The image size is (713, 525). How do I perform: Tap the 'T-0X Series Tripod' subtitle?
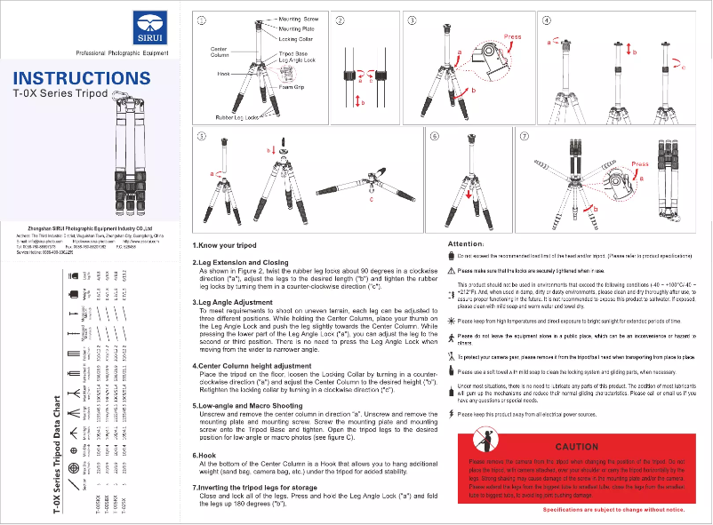(60, 92)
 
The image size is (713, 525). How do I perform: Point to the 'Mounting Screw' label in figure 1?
(299, 19)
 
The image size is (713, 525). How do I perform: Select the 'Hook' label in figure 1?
(223, 74)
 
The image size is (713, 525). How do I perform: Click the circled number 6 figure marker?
(435, 137)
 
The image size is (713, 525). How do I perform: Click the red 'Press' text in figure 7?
(639, 164)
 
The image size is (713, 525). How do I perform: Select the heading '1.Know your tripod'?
(224, 245)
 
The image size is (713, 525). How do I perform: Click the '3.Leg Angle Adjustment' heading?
(233, 302)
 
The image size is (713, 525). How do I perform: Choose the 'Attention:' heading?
(465, 243)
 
